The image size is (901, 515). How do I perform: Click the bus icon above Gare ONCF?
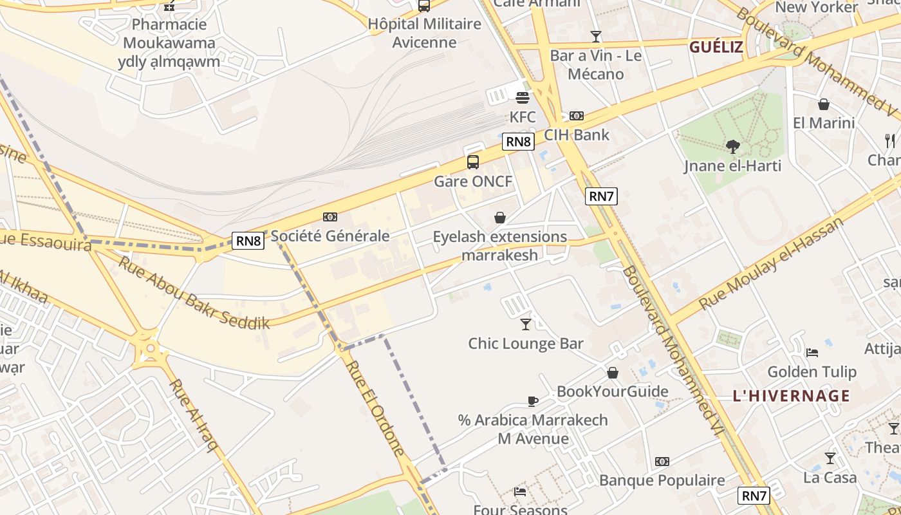click(x=473, y=162)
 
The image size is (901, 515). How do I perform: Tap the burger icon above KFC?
click(x=522, y=98)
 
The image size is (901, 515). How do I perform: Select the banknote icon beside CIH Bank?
click(x=577, y=116)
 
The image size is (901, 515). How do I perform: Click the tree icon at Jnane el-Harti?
click(x=732, y=147)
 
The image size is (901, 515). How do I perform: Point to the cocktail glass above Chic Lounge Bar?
click(x=526, y=324)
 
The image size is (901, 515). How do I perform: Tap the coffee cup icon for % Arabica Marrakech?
click(x=533, y=401)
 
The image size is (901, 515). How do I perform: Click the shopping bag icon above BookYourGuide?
click(x=613, y=373)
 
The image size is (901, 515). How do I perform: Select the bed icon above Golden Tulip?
click(x=812, y=352)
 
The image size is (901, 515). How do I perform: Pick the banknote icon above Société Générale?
click(x=330, y=217)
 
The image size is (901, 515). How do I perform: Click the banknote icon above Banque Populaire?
click(x=662, y=462)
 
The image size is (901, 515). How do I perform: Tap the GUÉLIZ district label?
click(x=716, y=46)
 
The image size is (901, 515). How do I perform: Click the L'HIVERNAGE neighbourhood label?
click(x=791, y=396)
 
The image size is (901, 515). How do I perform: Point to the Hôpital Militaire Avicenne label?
click(x=425, y=33)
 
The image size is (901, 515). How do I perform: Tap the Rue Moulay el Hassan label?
click(x=771, y=263)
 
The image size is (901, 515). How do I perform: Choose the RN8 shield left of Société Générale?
click(x=248, y=241)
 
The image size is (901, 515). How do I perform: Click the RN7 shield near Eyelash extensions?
click(x=601, y=196)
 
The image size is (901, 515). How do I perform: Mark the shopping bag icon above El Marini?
click(x=824, y=104)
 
